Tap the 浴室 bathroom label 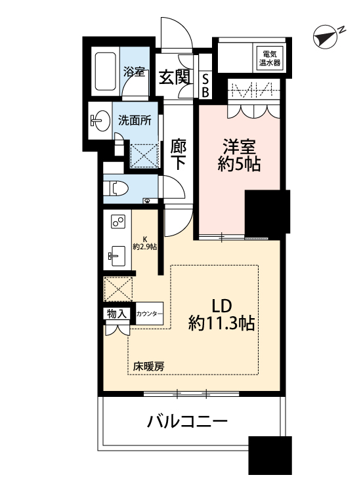pyautogui.click(x=135, y=71)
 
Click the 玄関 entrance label pyautogui.click(x=175, y=77)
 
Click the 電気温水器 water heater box pyautogui.click(x=270, y=58)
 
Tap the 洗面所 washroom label pyautogui.click(x=135, y=121)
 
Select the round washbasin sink pyautogui.click(x=99, y=120)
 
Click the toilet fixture pyautogui.click(x=117, y=188)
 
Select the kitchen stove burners pyautogui.click(x=117, y=222)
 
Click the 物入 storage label pyautogui.click(x=116, y=315)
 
